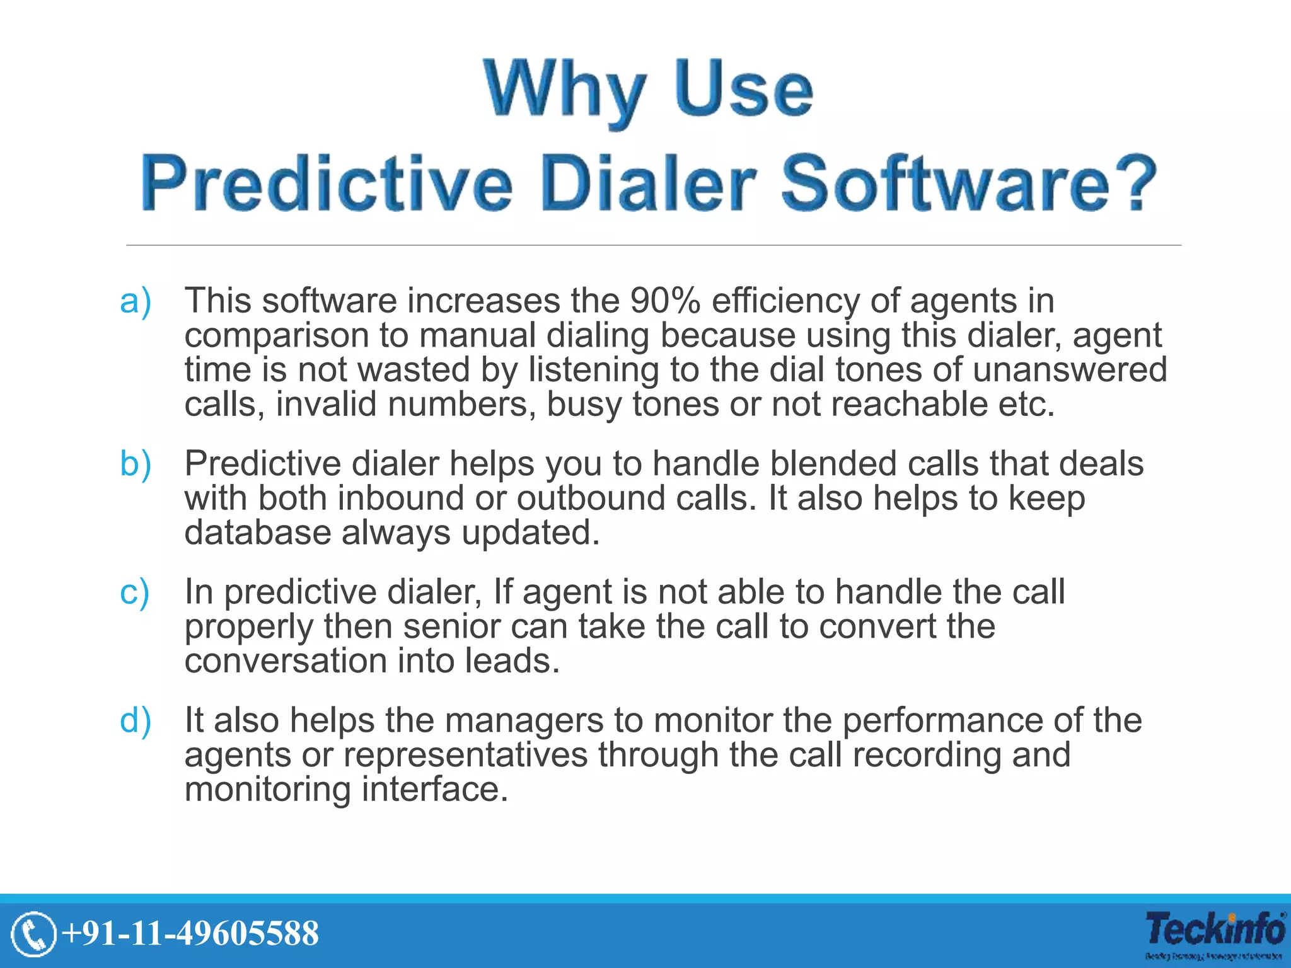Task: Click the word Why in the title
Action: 565,89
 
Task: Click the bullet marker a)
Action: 136,301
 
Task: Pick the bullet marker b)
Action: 136,464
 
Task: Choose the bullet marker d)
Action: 136,720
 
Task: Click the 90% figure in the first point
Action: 665,301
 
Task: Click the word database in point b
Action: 257,533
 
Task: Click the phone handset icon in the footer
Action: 33,933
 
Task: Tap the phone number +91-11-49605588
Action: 191,933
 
